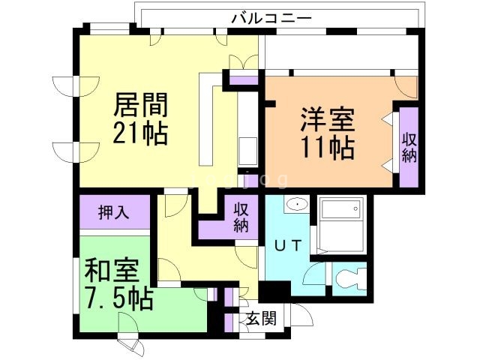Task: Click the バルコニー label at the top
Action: coord(271,16)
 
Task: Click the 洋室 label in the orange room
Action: coord(328,119)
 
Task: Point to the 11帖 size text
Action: coord(328,147)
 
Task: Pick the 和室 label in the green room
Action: coord(105,271)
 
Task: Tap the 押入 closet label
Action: coord(113,213)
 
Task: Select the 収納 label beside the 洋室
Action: coord(409,147)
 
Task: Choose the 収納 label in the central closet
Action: coord(240,217)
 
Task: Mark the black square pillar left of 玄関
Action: coord(269,291)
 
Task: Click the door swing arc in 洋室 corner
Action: coord(406,85)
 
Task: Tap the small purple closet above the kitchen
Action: coord(242,79)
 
